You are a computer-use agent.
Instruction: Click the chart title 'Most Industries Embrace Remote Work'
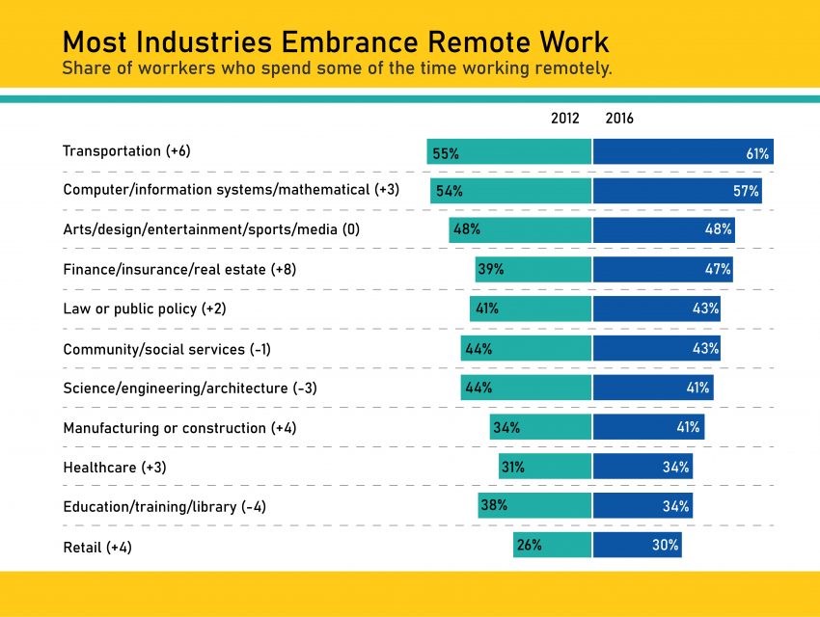pos(336,42)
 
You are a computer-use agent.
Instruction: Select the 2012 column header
pos(565,119)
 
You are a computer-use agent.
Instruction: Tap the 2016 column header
pos(619,119)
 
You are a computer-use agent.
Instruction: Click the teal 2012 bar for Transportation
pos(509,151)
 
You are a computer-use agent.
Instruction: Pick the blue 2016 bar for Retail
pos(637,545)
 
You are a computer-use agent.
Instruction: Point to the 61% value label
pos(756,152)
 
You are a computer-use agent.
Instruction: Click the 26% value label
pos(529,545)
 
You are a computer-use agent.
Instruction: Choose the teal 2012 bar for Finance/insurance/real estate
pos(533,269)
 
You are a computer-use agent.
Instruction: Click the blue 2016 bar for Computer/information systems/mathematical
pos(677,191)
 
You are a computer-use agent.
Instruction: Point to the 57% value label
pos(746,191)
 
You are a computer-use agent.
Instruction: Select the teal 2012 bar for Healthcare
pos(544,467)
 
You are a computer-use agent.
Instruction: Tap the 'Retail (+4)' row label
pos(97,547)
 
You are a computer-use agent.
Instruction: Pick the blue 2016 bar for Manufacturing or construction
pos(648,427)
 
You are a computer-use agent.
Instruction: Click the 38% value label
pos(494,505)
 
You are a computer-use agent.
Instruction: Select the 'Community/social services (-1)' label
pos(167,349)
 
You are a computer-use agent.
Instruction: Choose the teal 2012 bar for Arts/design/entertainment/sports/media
pos(519,229)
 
